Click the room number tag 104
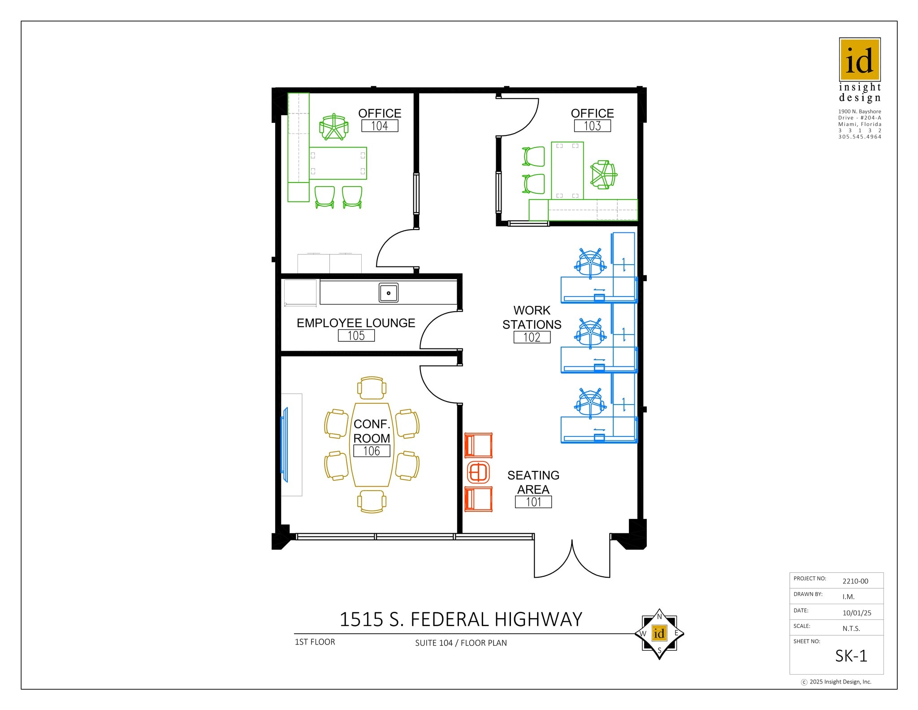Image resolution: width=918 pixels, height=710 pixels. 380,126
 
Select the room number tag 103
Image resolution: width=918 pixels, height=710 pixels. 592,126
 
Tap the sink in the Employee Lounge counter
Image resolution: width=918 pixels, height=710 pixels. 388,293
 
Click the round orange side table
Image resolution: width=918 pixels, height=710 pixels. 478,472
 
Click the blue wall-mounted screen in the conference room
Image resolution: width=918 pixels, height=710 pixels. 284,444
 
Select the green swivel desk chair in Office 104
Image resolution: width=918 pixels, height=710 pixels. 333,127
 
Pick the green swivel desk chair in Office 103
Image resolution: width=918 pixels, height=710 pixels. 603,174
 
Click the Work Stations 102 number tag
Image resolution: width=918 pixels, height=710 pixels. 532,337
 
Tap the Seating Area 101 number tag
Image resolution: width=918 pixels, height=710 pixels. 533,502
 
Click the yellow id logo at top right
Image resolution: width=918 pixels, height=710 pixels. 859,60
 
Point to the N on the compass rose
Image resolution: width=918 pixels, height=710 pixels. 659,617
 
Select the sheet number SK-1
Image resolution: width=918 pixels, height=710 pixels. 851,656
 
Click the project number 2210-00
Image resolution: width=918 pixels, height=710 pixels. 855,581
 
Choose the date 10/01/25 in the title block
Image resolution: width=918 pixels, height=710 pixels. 857,613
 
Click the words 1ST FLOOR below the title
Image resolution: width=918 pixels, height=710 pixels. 315,642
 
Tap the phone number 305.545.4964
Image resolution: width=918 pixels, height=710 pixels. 859,137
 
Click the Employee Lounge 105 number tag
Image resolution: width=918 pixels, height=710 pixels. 356,335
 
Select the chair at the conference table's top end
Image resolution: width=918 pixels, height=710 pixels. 372,388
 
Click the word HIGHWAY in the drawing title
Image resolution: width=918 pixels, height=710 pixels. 538,619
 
